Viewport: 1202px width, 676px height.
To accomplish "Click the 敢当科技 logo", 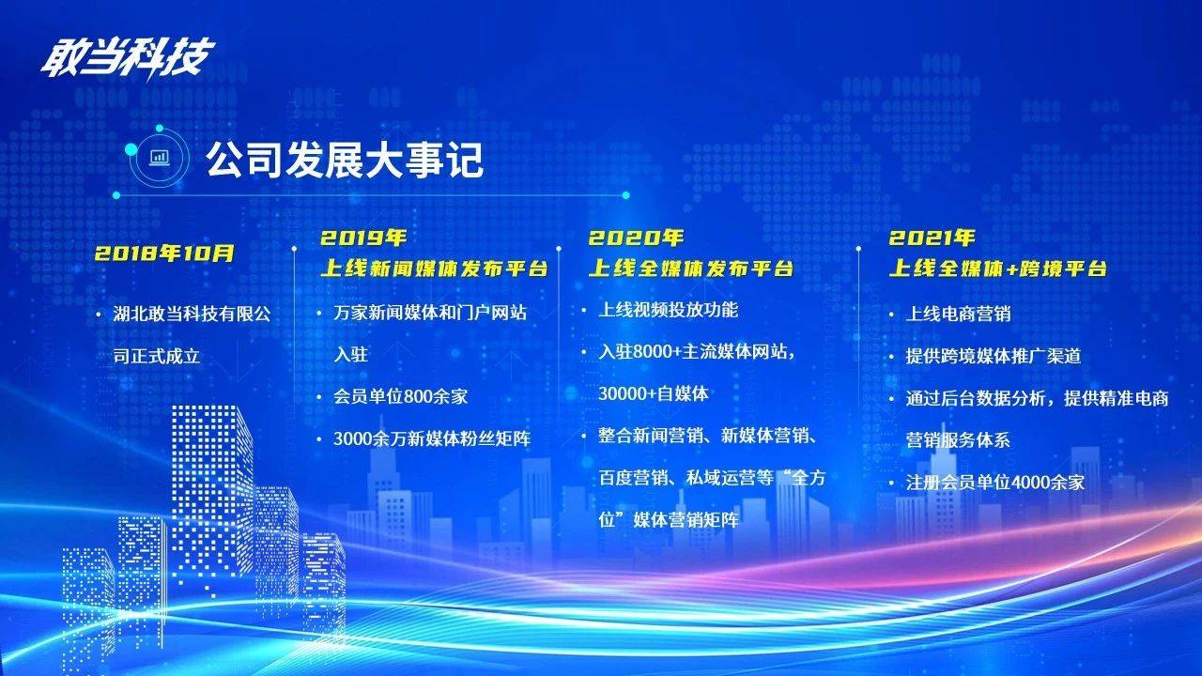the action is tap(127, 56).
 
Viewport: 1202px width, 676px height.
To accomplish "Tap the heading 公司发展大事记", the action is tap(344, 160).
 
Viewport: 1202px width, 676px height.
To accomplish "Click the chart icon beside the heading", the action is tap(160, 157).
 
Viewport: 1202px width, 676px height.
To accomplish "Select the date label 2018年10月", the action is tap(164, 253).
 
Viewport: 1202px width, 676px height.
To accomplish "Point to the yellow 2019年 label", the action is tap(363, 238).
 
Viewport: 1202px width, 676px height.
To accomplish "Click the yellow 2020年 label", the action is tap(636, 238).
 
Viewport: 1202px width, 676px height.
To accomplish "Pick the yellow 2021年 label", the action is tap(932, 238).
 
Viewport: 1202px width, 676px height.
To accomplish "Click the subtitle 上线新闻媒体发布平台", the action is tap(434, 269).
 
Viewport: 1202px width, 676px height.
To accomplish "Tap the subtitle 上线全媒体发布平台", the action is tap(690, 269).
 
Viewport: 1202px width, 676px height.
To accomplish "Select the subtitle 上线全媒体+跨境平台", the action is tap(997, 269).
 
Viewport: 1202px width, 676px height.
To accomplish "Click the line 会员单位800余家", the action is tap(400, 396).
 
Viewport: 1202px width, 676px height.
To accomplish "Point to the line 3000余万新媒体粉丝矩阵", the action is tap(432, 438).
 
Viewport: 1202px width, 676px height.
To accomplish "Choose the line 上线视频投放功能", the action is tap(668, 310).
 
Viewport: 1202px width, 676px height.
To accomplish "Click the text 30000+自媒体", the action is tap(653, 393).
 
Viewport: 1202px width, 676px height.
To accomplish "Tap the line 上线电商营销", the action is tap(959, 314).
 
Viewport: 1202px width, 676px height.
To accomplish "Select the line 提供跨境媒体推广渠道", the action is tap(994, 356).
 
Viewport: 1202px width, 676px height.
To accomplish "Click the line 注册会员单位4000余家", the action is tap(995, 483).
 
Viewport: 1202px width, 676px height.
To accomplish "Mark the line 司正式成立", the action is tap(157, 356).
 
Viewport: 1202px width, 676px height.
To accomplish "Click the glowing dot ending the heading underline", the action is tap(625, 195).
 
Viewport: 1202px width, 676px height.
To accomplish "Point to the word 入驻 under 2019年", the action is tap(350, 355).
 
